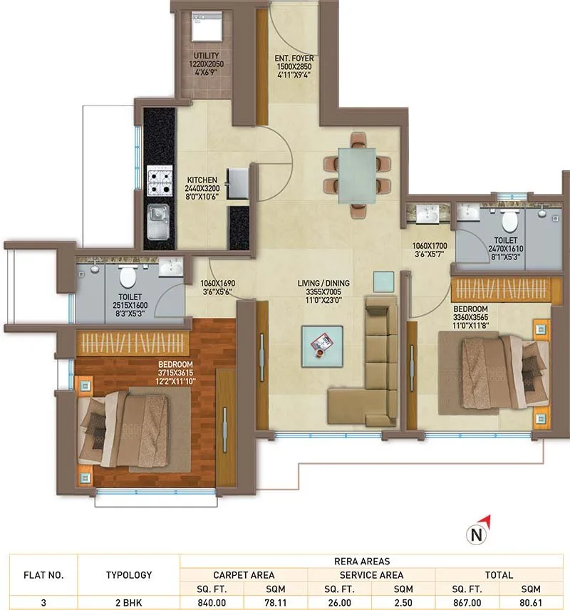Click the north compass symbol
(475, 530)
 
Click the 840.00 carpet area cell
(212, 602)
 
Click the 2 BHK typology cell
(129, 602)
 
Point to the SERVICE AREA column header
(371, 574)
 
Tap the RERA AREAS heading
(371, 561)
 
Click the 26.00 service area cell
(339, 602)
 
